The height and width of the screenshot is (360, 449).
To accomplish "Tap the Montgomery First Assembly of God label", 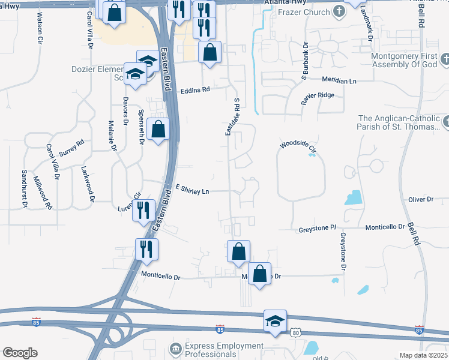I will (x=405, y=60).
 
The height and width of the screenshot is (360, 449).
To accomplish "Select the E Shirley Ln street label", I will (x=192, y=190).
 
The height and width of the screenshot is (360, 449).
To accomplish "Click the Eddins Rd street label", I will (x=196, y=90).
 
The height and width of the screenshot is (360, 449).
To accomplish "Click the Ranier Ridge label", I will (x=318, y=96).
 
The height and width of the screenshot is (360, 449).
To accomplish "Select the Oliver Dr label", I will (x=420, y=199).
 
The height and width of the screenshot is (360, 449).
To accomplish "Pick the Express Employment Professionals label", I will (x=224, y=350).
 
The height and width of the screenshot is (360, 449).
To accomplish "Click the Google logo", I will (x=19, y=353).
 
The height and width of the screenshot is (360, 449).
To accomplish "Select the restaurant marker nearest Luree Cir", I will (x=144, y=210).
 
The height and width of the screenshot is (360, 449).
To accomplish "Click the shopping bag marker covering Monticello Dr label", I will (x=259, y=274).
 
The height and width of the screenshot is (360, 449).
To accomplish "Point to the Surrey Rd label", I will (x=71, y=148).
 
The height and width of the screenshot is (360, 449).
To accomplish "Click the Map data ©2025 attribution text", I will (x=423, y=355).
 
